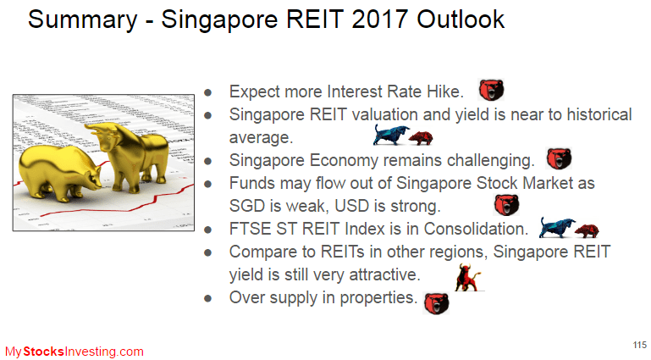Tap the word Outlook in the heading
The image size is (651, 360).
(461, 19)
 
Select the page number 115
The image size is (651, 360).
(640, 345)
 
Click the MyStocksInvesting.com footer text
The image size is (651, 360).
(74, 352)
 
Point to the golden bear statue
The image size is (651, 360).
(58, 171)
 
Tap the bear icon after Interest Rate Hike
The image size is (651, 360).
(491, 90)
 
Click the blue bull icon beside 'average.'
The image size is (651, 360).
(390, 135)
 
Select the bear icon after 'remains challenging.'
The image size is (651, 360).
(559, 158)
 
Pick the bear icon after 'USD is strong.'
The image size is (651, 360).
(506, 205)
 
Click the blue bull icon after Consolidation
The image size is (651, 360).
(557, 228)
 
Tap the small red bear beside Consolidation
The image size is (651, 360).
(587, 231)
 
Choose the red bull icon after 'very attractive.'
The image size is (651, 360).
(468, 277)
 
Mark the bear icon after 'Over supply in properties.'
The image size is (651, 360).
(436, 303)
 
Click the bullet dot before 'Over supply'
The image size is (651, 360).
(208, 298)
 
